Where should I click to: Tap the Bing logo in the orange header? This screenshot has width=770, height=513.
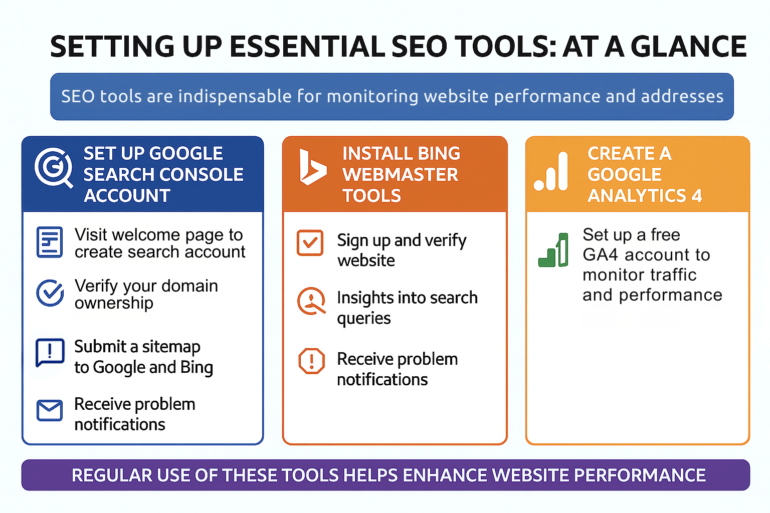point(311,167)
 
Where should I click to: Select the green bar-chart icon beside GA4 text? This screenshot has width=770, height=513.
point(553,250)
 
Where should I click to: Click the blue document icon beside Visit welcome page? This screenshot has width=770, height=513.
point(50,242)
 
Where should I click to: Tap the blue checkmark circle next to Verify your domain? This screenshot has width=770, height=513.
point(50,293)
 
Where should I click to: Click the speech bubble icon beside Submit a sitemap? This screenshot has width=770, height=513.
point(50,353)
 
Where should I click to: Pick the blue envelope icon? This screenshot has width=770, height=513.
point(50,411)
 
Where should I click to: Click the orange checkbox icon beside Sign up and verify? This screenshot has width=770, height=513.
point(310,243)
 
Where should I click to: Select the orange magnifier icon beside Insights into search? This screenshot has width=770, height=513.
point(311,301)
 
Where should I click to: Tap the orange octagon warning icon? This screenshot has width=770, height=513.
point(311,361)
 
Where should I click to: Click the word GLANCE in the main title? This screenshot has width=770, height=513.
point(688,47)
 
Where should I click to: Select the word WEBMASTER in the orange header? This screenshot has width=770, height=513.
point(400,175)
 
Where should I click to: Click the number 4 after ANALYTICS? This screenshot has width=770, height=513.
point(697,196)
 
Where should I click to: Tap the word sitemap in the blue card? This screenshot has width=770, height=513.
point(171,347)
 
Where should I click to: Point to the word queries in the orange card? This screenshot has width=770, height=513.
point(363,319)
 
